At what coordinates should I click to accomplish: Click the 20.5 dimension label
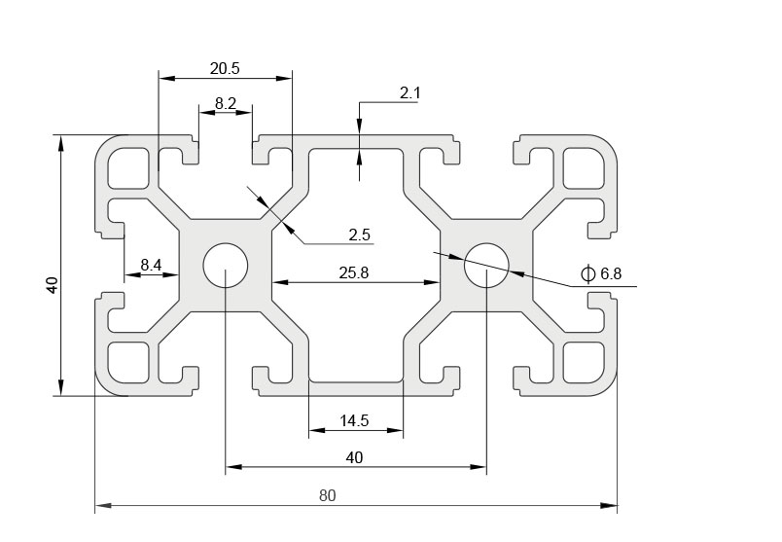224,68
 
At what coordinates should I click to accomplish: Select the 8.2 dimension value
226,102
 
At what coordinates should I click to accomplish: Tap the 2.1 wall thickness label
409,93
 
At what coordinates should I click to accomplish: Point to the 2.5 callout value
359,235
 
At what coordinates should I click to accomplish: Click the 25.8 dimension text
353,273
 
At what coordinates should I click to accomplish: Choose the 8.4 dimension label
151,265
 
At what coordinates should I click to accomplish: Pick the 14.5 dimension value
354,421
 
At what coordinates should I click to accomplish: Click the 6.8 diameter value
611,274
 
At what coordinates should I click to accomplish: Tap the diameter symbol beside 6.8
587,273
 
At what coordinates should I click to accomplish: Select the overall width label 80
327,495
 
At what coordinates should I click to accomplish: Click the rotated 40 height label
53,284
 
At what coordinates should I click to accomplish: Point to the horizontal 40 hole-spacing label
354,457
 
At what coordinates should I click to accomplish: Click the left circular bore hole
226,265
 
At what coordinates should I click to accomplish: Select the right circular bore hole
486,265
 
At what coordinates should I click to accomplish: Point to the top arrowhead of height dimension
61,143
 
